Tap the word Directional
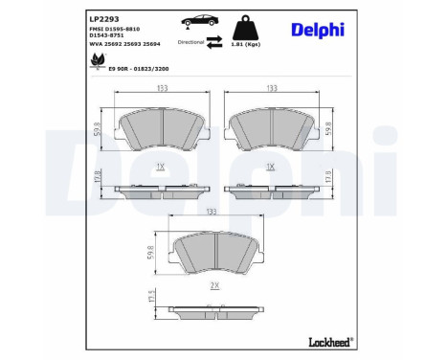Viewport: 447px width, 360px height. coord(190,43)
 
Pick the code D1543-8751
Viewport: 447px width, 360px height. coord(109,36)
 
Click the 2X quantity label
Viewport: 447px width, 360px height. coord(215,284)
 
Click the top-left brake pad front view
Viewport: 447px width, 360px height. coord(161,125)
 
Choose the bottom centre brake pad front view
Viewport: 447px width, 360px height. coord(215,251)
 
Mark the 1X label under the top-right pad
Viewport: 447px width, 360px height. coord(271,166)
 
